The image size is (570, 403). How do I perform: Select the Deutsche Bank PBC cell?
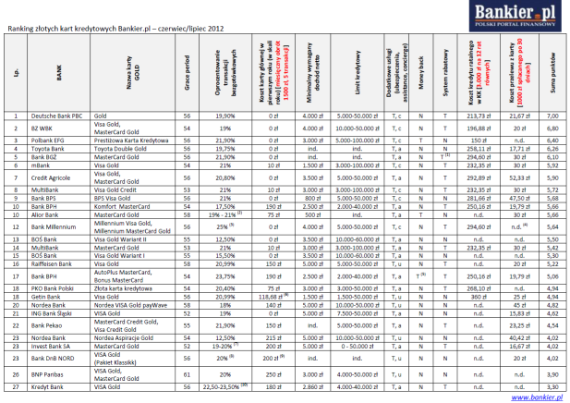click(61, 116)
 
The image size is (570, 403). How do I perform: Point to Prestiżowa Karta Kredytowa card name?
click(131, 139)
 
